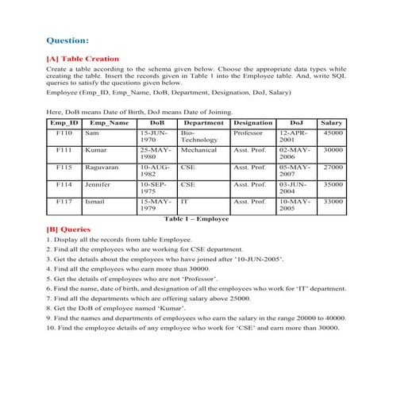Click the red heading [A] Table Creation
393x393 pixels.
point(83,59)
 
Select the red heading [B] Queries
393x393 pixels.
point(69,229)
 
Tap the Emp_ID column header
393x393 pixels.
point(64,123)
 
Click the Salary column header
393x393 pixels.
point(331,123)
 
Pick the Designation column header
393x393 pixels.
point(253,123)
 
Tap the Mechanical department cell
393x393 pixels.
point(198,149)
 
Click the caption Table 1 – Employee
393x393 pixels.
point(196,218)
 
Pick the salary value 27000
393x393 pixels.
point(333,168)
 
